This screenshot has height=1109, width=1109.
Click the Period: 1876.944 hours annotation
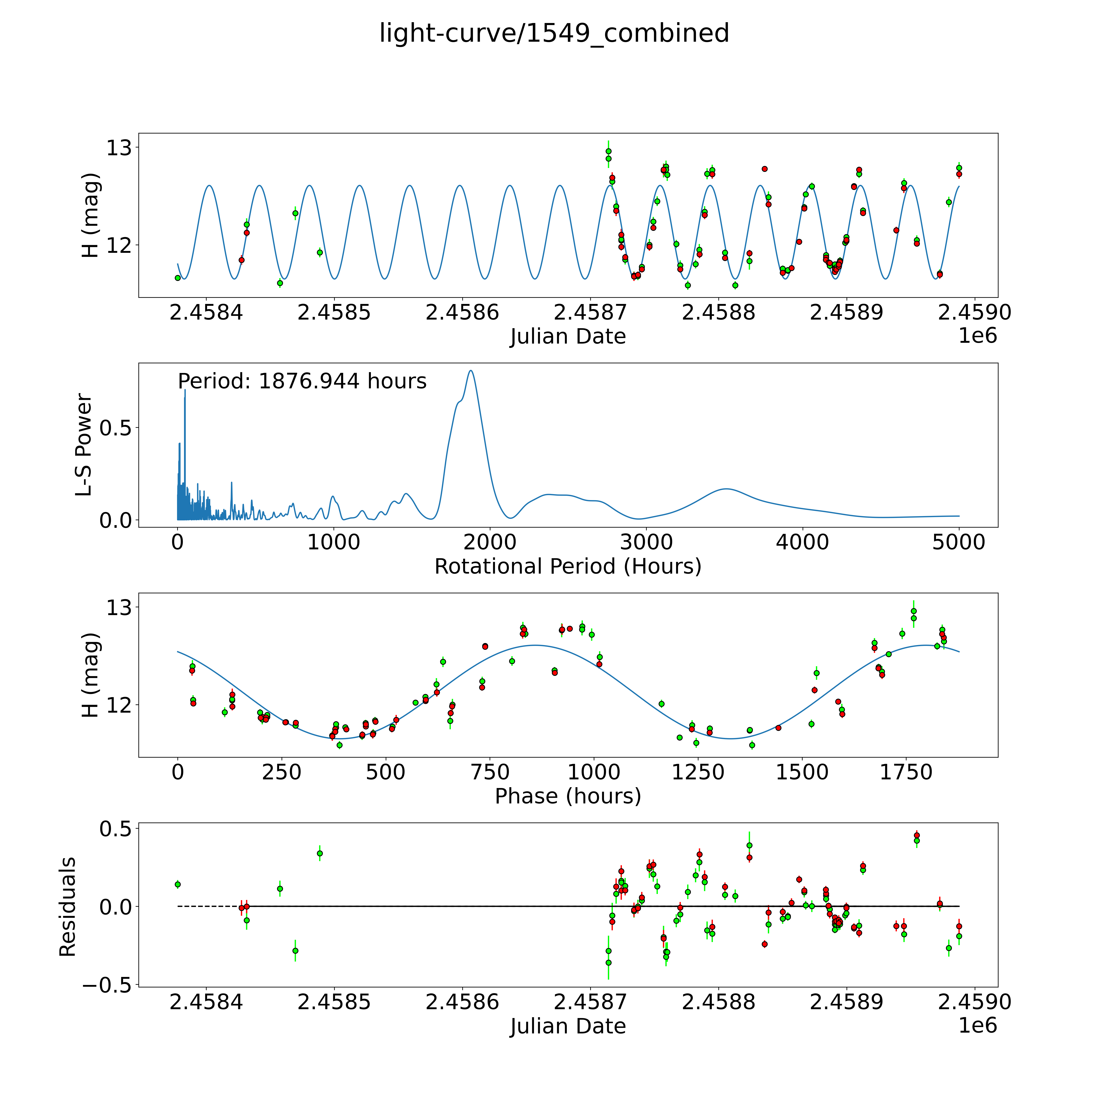(x=302, y=381)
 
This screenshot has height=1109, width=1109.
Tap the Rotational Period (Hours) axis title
(x=568, y=567)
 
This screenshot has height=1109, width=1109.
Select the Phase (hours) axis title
(x=568, y=796)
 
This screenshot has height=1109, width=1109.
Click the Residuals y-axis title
(x=67, y=907)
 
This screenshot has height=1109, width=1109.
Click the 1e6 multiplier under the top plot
(x=978, y=336)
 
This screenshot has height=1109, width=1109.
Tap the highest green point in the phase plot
(x=913, y=611)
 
